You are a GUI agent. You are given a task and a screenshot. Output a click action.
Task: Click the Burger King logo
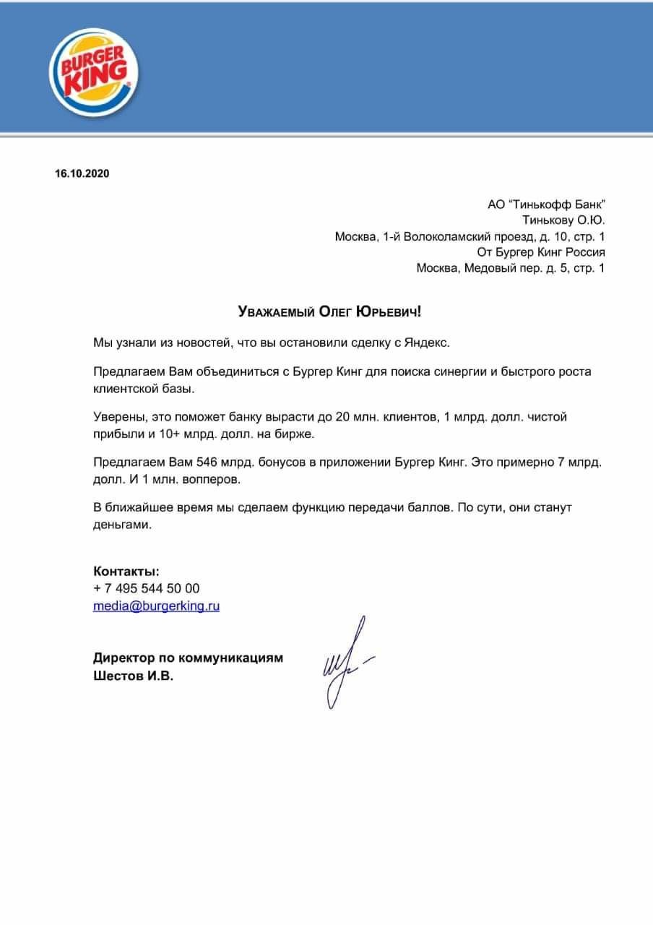[x=94, y=72]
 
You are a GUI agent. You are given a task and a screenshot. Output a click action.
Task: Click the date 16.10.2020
[x=82, y=173]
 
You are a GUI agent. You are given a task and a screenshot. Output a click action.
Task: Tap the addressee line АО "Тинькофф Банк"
[x=546, y=205]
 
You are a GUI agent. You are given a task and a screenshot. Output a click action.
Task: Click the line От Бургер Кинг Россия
[x=541, y=253]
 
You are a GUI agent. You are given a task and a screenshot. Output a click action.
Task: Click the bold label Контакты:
[x=126, y=572]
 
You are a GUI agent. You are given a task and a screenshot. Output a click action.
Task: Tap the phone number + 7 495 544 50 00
[x=147, y=589]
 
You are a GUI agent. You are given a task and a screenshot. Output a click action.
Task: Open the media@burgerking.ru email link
[x=156, y=606]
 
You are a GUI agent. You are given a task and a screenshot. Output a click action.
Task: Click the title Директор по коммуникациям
[x=188, y=658]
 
